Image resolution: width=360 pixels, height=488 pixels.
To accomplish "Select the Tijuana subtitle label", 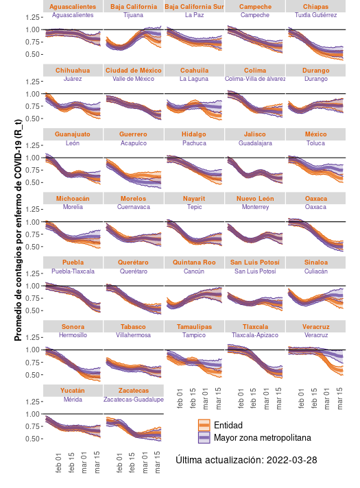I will pyautogui.click(x=134, y=14).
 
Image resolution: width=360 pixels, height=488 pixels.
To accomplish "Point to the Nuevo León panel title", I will pyautogui.click(x=255, y=199).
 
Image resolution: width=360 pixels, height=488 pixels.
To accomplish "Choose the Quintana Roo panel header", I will pyautogui.click(x=194, y=263).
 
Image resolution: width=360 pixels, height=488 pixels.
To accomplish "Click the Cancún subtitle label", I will pyautogui.click(x=194, y=271).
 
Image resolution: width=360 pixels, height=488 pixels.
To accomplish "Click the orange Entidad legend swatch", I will pyautogui.click(x=204, y=425).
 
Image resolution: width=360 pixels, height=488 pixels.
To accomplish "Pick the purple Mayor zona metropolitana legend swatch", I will pyautogui.click(x=204, y=437).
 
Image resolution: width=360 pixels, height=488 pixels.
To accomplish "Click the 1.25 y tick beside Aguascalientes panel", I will pyautogui.click(x=31, y=17).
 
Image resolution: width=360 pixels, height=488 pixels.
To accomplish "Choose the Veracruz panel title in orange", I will pyautogui.click(x=316, y=327).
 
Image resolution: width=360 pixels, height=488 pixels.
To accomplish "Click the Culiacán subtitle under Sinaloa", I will pyautogui.click(x=316, y=271).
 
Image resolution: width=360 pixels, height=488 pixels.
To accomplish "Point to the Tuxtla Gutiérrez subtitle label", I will pyautogui.click(x=316, y=14).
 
